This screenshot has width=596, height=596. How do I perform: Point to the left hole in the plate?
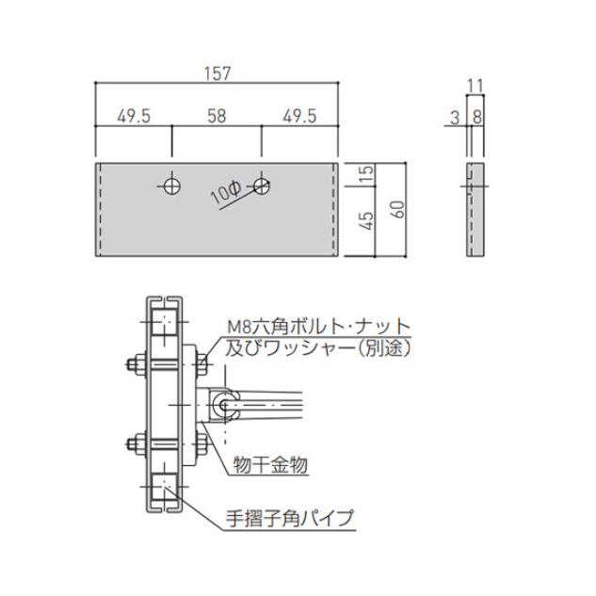171,185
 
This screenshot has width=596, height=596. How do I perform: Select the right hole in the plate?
262,185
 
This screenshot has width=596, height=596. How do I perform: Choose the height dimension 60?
399,208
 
